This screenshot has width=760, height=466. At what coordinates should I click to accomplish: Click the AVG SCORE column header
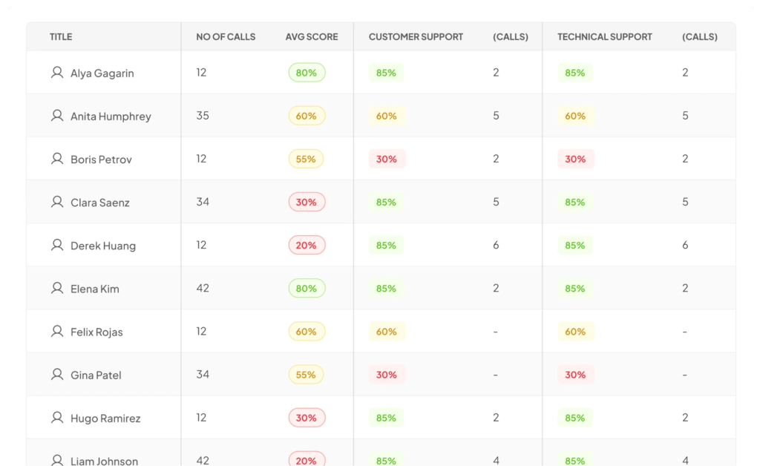(312, 37)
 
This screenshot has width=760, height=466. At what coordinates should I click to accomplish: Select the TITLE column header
(61, 37)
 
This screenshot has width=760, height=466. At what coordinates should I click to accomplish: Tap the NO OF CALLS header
(226, 37)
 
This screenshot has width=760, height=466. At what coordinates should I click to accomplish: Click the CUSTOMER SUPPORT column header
(416, 37)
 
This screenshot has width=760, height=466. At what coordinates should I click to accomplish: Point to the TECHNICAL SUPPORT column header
(604, 37)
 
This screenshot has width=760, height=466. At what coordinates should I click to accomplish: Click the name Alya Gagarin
(102, 73)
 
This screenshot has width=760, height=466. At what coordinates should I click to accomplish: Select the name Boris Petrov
(101, 160)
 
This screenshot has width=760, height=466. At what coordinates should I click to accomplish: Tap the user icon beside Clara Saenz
(57, 202)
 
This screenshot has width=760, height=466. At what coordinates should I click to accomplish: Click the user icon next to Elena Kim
(57, 288)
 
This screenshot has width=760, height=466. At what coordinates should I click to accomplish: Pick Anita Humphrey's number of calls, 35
(203, 116)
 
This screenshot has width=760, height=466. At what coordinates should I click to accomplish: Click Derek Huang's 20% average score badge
(307, 245)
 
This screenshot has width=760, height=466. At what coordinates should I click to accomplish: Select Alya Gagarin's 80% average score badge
(307, 73)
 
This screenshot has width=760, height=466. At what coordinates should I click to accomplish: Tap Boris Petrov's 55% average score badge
(306, 159)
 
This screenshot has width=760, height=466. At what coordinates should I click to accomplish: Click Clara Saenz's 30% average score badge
(307, 202)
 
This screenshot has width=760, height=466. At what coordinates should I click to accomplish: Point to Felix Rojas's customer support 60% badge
(387, 332)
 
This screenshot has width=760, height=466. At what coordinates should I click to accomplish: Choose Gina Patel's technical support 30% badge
(576, 375)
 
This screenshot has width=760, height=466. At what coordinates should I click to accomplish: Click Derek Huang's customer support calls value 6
(496, 245)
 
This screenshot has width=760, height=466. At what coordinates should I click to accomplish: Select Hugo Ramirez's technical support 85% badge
(575, 418)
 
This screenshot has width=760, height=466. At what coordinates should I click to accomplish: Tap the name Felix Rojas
(97, 332)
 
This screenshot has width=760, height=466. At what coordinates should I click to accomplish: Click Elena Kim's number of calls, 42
(203, 288)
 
